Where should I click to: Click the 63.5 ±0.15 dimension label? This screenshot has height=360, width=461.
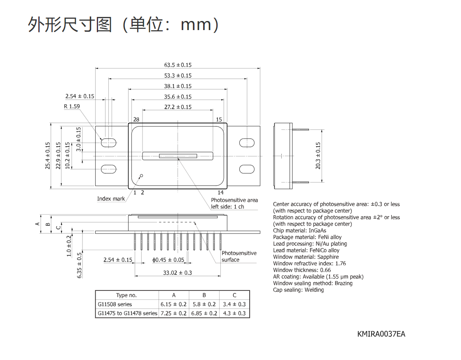coord(178,65)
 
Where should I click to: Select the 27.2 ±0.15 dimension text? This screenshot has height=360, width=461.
coord(178,107)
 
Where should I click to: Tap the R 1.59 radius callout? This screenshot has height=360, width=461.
coord(72,106)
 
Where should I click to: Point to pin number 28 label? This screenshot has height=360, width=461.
coord(136,119)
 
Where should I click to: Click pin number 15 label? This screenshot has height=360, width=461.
coord(219,119)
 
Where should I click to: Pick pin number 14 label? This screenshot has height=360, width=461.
coord(220,192)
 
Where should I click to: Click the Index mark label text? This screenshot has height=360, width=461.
coord(111,199)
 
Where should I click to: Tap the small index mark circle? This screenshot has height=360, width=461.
coord(141,176)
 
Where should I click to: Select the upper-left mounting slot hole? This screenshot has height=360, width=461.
coord(108,143)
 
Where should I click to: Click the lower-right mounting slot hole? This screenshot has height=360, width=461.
coord(247,169)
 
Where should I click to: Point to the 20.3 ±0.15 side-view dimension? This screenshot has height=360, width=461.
coord(318,156)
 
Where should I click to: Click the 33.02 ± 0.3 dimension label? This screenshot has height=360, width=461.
coord(177,273)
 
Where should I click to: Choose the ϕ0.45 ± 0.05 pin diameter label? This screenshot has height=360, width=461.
coord(168,260)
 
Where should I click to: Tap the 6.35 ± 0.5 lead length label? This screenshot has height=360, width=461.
coord(80,265)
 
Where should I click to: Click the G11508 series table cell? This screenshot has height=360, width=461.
coord(115,304)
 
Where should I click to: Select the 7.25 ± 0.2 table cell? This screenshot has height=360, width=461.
coord(173,313)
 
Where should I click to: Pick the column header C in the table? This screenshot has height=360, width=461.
coord(234,295)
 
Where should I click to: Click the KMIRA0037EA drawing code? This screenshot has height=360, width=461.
coord(381,334)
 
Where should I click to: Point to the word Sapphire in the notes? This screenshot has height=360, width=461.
coord(328,257)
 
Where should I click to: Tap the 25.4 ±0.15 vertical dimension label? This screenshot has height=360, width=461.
coord(48,156)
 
